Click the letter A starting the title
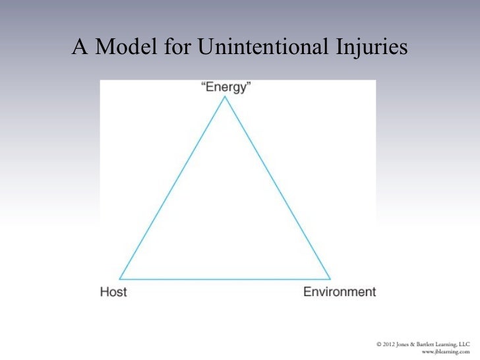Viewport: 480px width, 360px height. pos(80,47)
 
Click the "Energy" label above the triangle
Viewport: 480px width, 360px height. pos(226,88)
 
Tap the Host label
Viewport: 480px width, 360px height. pos(113,291)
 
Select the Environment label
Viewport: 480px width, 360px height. pos(339,291)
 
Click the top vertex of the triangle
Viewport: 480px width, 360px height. pos(225,98)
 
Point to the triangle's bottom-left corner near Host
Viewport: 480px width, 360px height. pos(120,278)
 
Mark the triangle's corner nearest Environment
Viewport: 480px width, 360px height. pos(330,278)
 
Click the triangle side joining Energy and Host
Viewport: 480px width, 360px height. pos(173,188)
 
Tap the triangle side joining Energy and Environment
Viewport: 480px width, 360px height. pos(278,188)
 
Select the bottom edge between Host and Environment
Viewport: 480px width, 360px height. pos(225,278)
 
